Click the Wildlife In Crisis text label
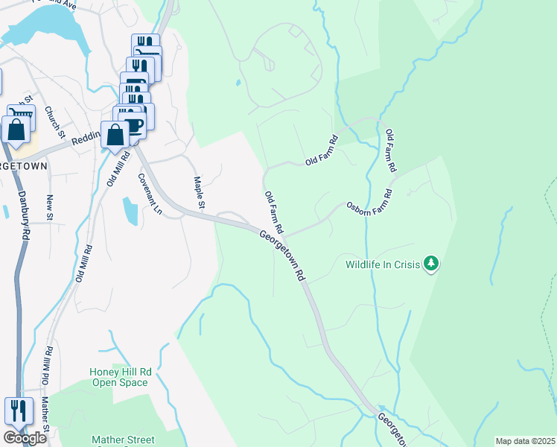382,264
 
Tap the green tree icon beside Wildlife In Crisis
430,263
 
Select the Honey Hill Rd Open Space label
120,377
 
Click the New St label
50,207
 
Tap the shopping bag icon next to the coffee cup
115,136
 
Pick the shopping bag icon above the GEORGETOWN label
16,130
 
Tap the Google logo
25,438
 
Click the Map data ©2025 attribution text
524,441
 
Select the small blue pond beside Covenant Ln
130,210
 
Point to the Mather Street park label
123,440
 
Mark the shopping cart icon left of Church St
21,116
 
